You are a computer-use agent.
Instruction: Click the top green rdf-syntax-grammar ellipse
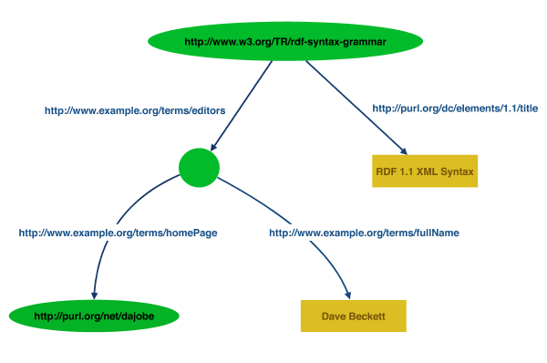(x=286, y=41)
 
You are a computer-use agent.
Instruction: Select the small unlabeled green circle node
(x=200, y=166)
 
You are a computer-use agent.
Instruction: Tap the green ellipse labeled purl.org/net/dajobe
(x=94, y=316)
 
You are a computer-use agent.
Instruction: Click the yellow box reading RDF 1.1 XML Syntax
(x=425, y=171)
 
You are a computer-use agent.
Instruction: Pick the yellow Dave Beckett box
(x=353, y=316)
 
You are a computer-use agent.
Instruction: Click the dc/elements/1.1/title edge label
(x=455, y=109)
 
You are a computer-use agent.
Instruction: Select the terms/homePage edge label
(x=118, y=233)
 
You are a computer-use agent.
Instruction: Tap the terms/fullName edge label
(x=364, y=233)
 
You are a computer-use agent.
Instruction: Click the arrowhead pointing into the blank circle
(x=214, y=146)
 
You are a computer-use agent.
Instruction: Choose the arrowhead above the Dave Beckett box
(x=348, y=293)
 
